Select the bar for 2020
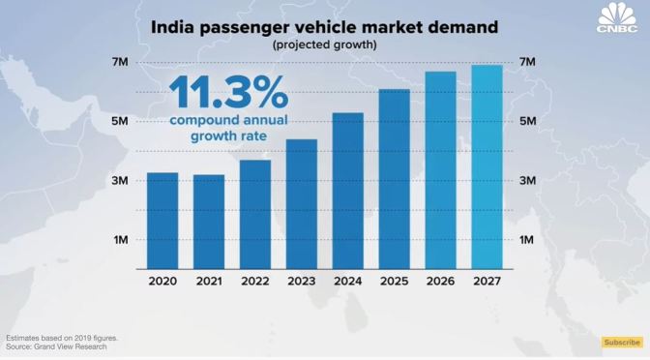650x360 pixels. [162, 222]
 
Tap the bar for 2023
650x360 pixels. [301, 205]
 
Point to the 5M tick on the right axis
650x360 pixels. [528, 121]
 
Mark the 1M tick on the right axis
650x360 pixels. [528, 240]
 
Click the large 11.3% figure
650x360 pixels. [228, 93]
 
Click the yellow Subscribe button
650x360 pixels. [622, 342]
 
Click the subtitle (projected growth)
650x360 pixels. [325, 45]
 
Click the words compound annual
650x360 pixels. [227, 120]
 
